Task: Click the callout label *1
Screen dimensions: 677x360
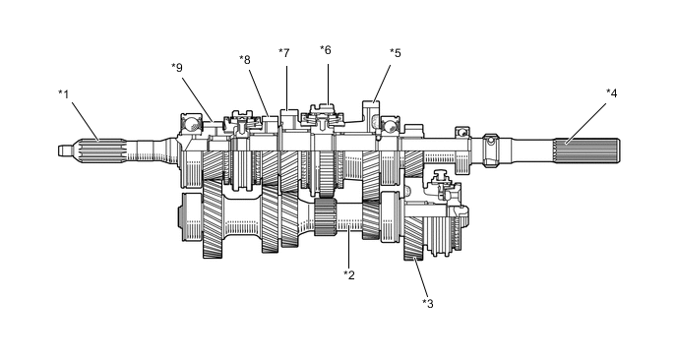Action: pos(63,94)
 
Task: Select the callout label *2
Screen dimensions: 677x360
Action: pos(349,274)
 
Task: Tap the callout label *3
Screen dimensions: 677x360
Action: pos(427,304)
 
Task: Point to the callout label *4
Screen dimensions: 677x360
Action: pos(611,92)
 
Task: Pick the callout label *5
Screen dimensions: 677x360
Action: pos(395,53)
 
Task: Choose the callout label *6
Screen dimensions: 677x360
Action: pos(325,50)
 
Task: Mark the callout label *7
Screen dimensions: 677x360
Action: pos(283,53)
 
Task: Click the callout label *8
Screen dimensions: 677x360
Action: pos(245,60)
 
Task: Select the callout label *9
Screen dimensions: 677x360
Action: pos(176,67)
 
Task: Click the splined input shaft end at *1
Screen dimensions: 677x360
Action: pos(101,150)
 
